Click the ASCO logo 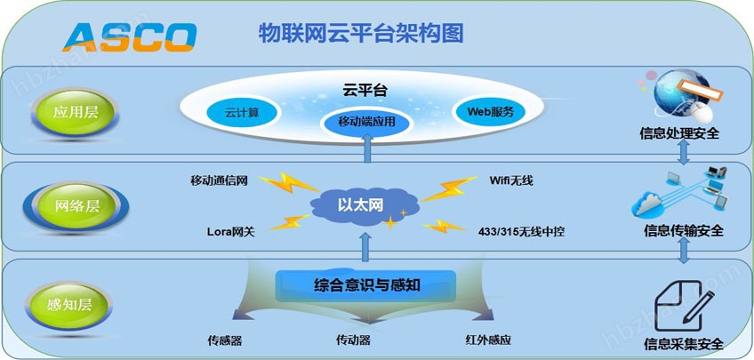pos(130,37)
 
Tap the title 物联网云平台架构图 pos(361,34)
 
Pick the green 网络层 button pos(76,207)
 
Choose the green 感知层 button pos(69,305)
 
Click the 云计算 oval pos(243,114)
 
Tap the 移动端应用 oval pos(367,122)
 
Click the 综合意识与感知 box pos(365,285)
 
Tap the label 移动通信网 pos(219,180)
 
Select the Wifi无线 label pos(511,180)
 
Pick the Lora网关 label pos(231,232)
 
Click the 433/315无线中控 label pos(521,232)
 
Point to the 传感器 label pos(225,340)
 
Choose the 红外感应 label pos(488,340)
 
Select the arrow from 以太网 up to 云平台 pos(367,148)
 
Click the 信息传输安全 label pos(683,231)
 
